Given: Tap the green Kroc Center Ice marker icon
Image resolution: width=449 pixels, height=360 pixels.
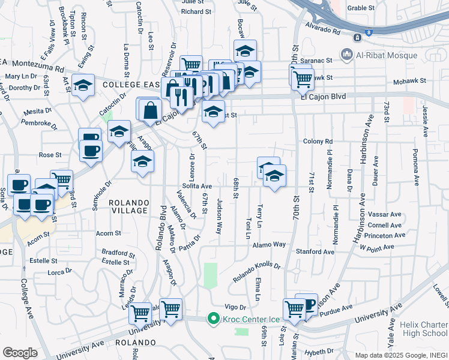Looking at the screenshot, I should [212, 318].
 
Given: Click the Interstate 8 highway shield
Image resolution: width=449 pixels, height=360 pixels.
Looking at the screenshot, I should [357, 37].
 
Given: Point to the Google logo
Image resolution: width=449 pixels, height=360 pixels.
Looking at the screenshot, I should [20, 353].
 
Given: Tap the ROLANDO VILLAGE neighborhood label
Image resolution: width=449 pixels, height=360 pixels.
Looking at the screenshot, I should [128, 206].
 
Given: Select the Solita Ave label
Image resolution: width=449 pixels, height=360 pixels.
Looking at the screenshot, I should [197, 187].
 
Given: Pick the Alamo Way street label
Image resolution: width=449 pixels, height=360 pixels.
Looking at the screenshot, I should [269, 245].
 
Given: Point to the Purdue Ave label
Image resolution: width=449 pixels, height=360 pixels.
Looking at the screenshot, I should [336, 312].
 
